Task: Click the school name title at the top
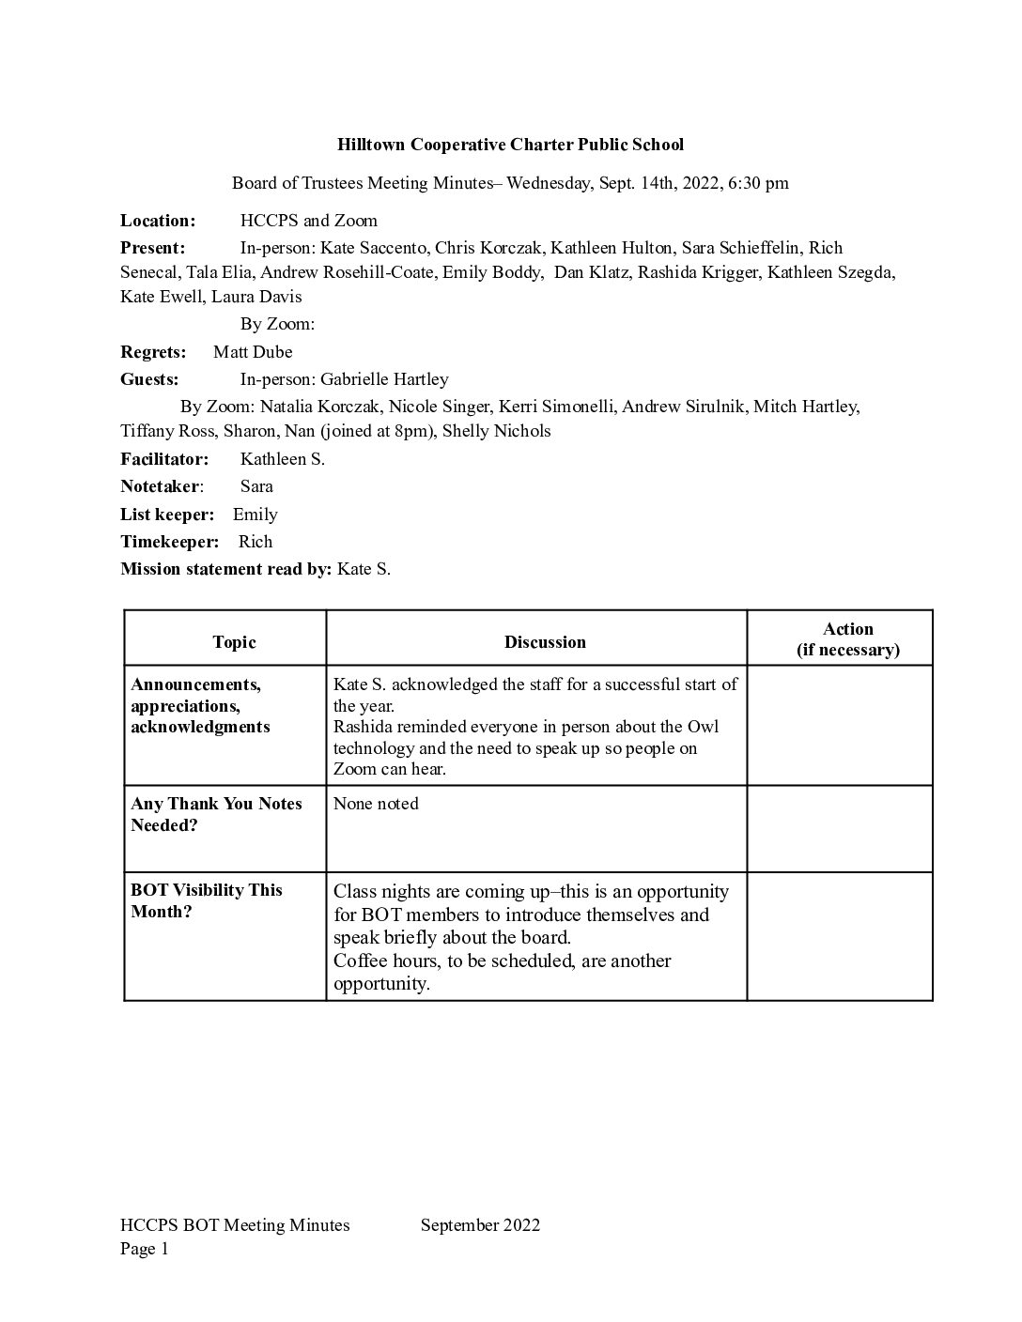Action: click(x=510, y=145)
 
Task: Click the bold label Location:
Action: click(x=158, y=221)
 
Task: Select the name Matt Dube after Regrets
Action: click(x=253, y=352)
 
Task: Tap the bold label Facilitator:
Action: click(x=164, y=459)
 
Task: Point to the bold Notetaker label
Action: click(x=161, y=486)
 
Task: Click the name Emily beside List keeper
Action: click(x=255, y=515)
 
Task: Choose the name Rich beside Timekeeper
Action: click(x=255, y=542)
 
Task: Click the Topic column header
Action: click(x=234, y=642)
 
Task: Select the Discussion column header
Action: click(x=545, y=642)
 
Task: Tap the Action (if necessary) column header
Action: click(x=847, y=639)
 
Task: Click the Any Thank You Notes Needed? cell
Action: click(x=216, y=815)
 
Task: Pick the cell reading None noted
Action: click(x=376, y=804)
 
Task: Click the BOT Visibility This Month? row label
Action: click(x=207, y=901)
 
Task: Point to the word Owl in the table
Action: click(x=703, y=728)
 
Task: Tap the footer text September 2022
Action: click(x=480, y=1224)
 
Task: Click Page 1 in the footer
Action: click(x=144, y=1249)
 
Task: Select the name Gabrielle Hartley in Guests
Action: click(x=384, y=379)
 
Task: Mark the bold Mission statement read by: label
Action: click(x=225, y=569)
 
